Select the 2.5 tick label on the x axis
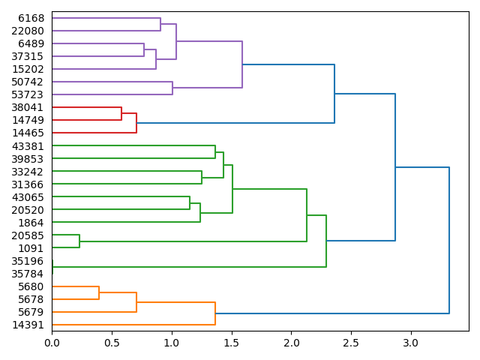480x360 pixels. click(x=351, y=343)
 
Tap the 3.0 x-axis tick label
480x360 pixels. click(x=410, y=343)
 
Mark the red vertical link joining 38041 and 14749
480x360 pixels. click(x=121, y=114)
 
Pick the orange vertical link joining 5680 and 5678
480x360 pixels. click(x=99, y=293)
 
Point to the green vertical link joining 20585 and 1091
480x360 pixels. click(x=79, y=241)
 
